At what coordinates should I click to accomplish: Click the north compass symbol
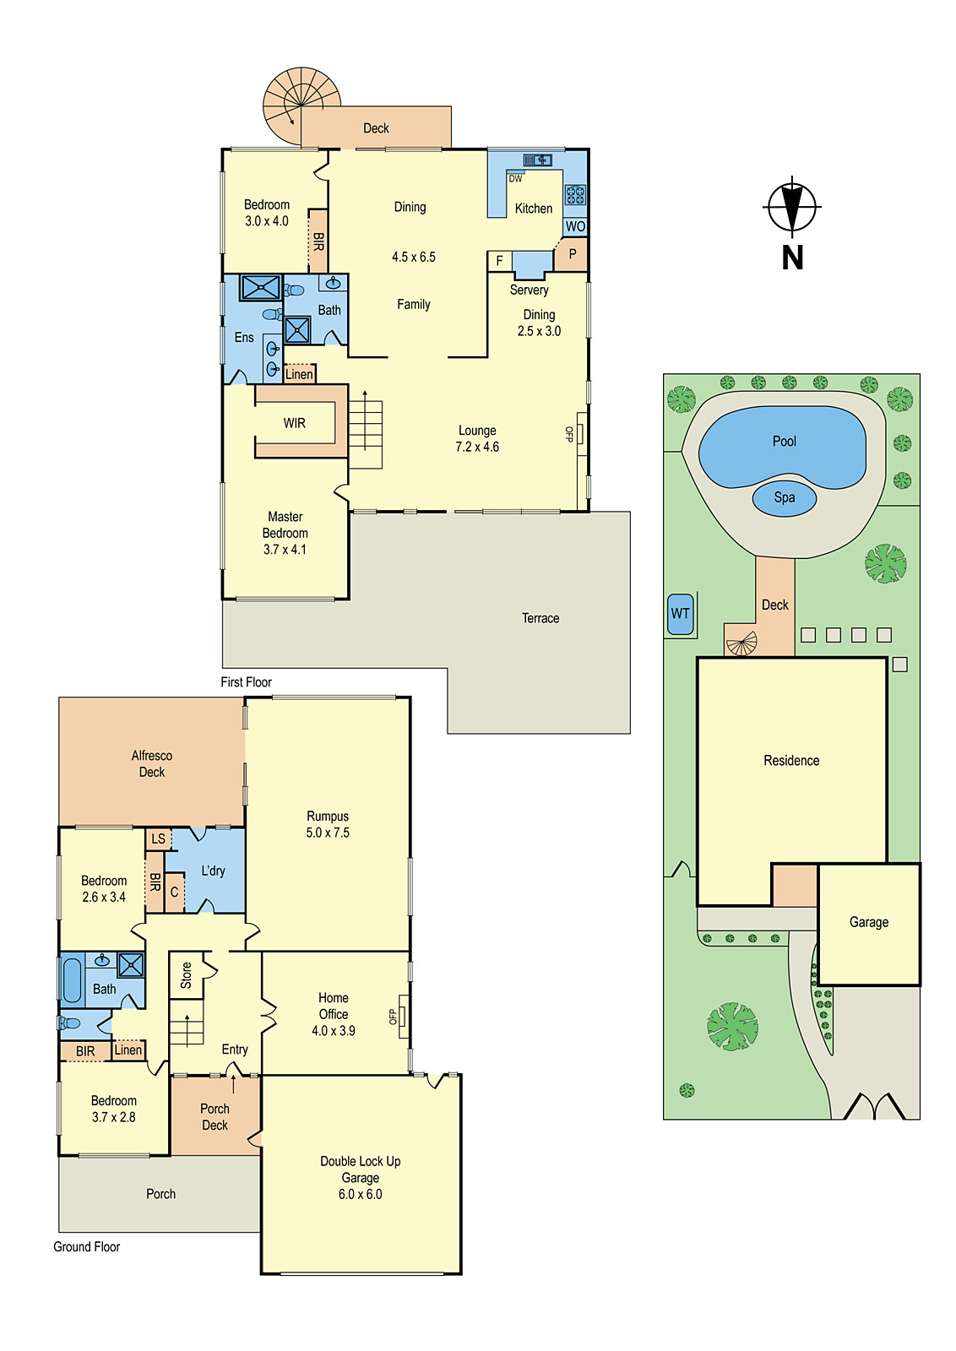point(792,206)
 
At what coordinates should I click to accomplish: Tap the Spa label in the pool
point(785,497)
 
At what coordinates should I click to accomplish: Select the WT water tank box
point(680,614)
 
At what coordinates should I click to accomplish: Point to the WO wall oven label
point(575,226)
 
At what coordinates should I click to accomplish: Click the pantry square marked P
point(572,254)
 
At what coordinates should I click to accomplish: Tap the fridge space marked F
point(499,261)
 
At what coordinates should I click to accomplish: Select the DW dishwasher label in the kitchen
point(515,178)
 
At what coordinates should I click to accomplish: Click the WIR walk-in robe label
point(294,423)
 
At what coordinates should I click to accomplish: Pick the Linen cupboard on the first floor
point(299,374)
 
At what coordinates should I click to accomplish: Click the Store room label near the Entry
point(186,975)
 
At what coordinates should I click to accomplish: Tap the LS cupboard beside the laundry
point(158,838)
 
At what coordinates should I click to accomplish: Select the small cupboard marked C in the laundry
point(174,892)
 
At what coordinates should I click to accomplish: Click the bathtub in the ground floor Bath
point(72,979)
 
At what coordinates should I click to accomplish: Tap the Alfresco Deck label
point(152,763)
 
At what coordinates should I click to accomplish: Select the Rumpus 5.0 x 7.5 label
point(328,824)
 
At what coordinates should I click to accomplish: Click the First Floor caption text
point(246,681)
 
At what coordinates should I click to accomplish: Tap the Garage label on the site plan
point(868,922)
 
